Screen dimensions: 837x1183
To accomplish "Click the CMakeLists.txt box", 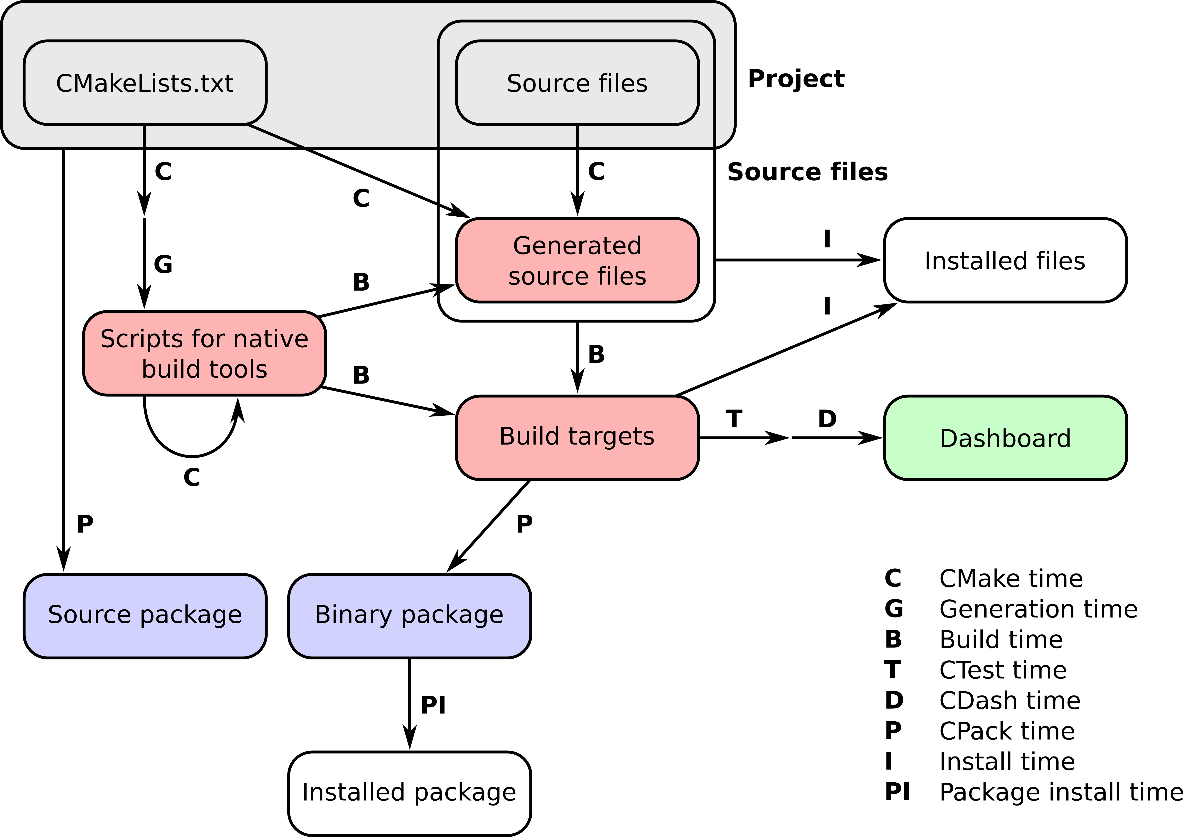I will (x=145, y=82).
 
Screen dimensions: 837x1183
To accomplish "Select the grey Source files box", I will (x=577, y=82).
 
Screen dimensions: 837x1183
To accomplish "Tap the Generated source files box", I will (x=577, y=260).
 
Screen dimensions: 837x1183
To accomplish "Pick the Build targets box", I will (x=577, y=437).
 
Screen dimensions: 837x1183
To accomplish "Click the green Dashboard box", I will (x=1005, y=438).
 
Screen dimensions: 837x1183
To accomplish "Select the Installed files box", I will (x=1005, y=260).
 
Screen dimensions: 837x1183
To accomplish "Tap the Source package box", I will (x=145, y=615).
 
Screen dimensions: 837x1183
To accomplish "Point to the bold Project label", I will (x=796, y=79).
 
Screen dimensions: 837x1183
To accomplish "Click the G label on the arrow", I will (x=163, y=264).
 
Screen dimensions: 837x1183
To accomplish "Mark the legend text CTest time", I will (x=1002, y=670).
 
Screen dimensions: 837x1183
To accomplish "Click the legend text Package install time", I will (x=1060, y=792).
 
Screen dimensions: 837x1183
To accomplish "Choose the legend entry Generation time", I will (x=1038, y=609).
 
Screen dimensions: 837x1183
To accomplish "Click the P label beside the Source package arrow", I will (x=85, y=524).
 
